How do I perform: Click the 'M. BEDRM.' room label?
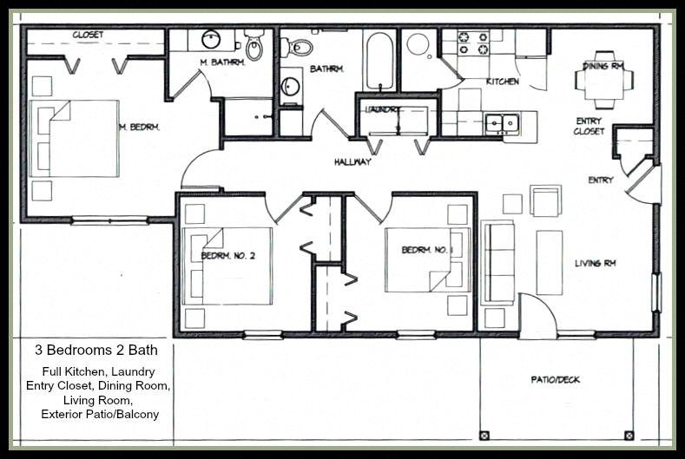(x=139, y=128)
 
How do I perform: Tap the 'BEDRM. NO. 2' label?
(x=227, y=256)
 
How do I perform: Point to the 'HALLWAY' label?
(x=352, y=162)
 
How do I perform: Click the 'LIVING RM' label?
(x=595, y=263)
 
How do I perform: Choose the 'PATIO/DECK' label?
(x=555, y=379)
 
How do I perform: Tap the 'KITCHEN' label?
(x=502, y=82)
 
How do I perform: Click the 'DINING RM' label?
(x=603, y=65)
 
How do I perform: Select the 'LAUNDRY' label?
(x=381, y=110)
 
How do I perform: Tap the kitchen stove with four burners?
(x=473, y=42)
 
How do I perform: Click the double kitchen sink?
(x=502, y=123)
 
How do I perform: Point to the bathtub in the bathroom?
(x=380, y=61)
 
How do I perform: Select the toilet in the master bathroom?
(x=254, y=45)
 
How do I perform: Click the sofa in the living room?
(x=497, y=263)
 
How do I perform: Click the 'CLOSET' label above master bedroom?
(x=88, y=35)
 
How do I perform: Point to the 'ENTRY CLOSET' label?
(x=589, y=127)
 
